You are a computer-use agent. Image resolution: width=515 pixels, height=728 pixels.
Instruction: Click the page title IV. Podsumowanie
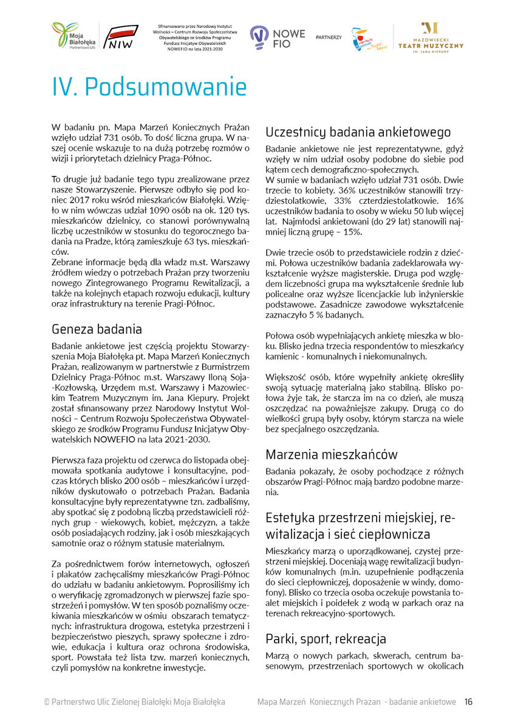coord(149,87)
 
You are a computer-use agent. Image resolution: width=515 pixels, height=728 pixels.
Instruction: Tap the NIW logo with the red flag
coord(124,38)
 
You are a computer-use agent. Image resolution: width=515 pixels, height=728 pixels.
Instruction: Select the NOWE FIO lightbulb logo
coord(270,38)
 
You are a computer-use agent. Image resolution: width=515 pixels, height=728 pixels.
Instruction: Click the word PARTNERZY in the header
coord(329,38)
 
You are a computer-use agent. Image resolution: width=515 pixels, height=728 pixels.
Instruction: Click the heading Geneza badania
coord(97,329)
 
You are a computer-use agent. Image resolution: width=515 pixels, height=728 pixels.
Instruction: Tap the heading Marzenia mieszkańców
coord(332,454)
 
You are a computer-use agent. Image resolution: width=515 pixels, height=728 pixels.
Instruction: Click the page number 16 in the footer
coord(468,702)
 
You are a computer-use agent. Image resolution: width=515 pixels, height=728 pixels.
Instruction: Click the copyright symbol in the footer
coord(46,702)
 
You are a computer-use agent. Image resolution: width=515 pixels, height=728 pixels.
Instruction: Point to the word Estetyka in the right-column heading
coord(291,517)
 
